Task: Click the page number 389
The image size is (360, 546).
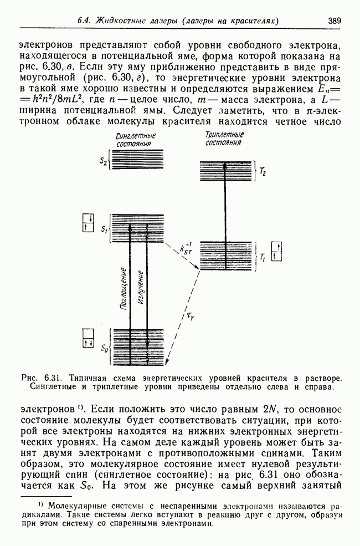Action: (x=334, y=21)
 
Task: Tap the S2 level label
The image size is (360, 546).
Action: (x=104, y=161)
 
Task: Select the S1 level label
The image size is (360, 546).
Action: (x=104, y=228)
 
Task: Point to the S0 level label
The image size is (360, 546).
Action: (x=104, y=349)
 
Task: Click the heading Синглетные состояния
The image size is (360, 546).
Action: (x=136, y=140)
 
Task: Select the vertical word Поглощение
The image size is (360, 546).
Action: (x=122, y=287)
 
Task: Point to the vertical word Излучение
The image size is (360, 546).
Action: (x=141, y=288)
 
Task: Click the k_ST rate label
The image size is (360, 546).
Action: (x=187, y=249)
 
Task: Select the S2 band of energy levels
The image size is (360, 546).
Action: (x=137, y=161)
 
